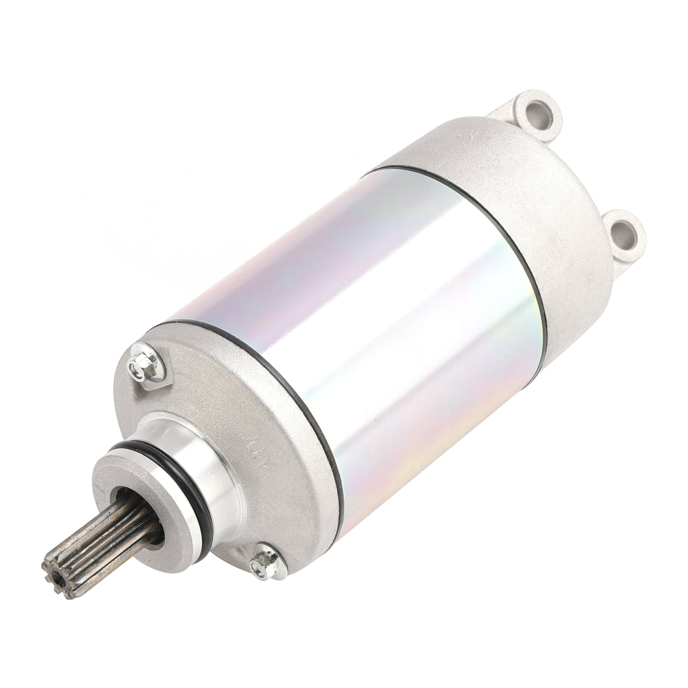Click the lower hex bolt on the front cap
coord(261,560)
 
